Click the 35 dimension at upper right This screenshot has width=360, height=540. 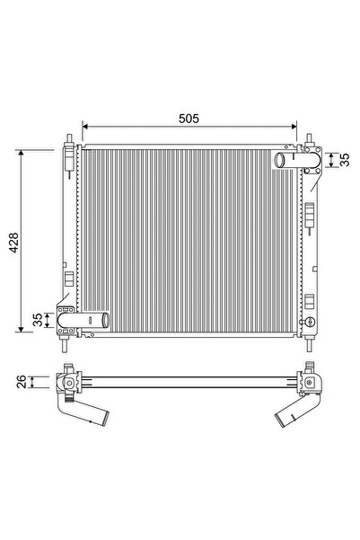click(x=343, y=159)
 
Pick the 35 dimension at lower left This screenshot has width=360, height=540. click(x=37, y=321)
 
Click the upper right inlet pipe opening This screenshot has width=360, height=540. click(x=279, y=161)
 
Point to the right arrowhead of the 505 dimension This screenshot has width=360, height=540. click(x=295, y=127)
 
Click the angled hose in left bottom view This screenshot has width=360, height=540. click(x=91, y=413)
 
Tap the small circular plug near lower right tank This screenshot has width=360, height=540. click(x=308, y=321)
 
